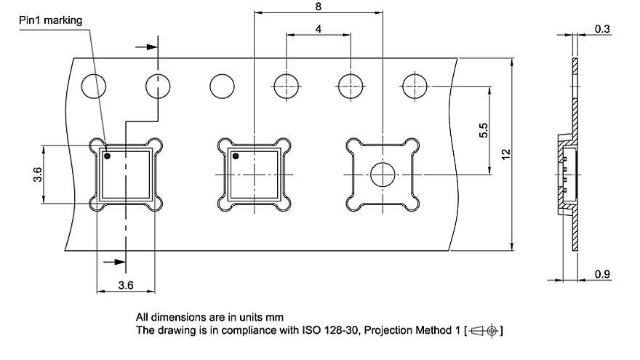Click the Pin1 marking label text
click(x=50, y=20)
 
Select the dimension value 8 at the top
click(x=319, y=7)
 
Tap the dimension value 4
click(x=319, y=28)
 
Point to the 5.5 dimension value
click(x=483, y=130)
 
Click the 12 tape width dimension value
click(x=505, y=154)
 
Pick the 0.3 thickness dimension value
click(x=602, y=29)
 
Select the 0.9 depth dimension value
click(x=602, y=274)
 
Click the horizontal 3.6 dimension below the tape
click(x=126, y=285)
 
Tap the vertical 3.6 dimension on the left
click(x=37, y=175)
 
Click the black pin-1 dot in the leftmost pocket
click(x=108, y=156)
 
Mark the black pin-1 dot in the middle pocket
click(x=236, y=156)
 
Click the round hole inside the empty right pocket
click(x=383, y=175)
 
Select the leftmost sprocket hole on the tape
click(x=94, y=87)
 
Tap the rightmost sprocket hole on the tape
click(x=415, y=87)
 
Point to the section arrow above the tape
click(x=146, y=47)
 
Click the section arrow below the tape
click(x=114, y=262)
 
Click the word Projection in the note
click(x=388, y=329)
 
